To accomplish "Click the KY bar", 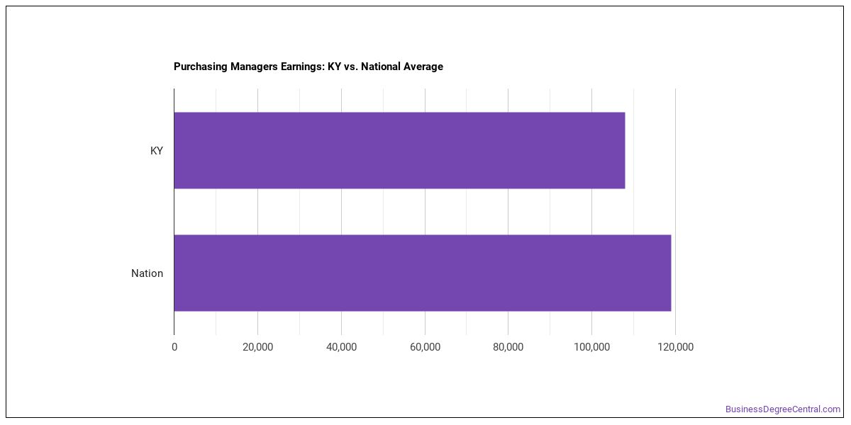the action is [x=400, y=150].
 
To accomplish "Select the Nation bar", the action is [x=423, y=273].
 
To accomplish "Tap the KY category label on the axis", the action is [x=157, y=151].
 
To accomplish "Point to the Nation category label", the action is [x=147, y=273].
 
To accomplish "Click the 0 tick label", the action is [x=174, y=347].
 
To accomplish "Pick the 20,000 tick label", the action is [x=258, y=347].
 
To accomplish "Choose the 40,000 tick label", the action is [x=342, y=347].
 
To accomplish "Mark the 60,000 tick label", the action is [x=425, y=347].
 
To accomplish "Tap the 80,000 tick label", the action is [x=508, y=347].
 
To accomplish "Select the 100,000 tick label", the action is [x=592, y=347].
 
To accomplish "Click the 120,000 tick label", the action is [x=675, y=347].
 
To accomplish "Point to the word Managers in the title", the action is [x=254, y=67].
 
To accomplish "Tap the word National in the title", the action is [x=381, y=67].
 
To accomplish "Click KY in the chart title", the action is [x=334, y=67].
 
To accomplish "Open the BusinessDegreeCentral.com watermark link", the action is [x=783, y=409].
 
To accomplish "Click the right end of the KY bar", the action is [x=625, y=150].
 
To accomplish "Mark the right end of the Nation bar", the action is [x=671, y=273].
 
